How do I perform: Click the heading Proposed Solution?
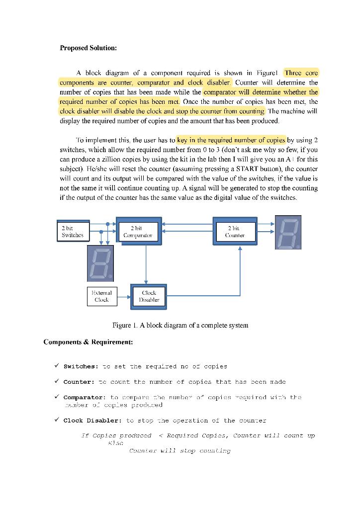tap(89, 48)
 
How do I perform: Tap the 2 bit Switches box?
tap(73, 232)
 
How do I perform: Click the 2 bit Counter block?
tap(235, 231)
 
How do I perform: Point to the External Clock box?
tap(102, 296)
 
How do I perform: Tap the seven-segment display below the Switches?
tap(101, 262)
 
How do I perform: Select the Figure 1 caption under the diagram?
tap(180, 325)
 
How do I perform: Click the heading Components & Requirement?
tap(88, 342)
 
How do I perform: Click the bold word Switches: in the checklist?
tap(81, 366)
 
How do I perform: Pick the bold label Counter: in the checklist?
tap(79, 382)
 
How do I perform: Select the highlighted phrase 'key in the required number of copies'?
tap(231, 140)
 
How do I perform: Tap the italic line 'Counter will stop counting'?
tap(180, 451)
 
